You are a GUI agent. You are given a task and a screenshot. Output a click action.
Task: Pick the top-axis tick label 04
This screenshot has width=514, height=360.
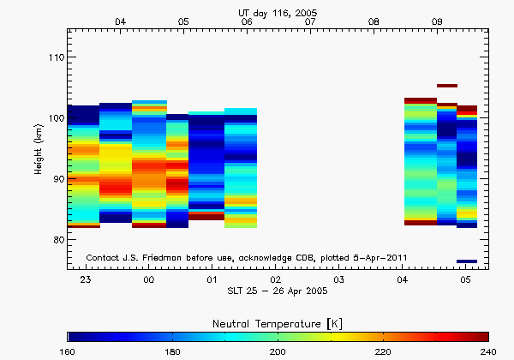pyautogui.click(x=121, y=21)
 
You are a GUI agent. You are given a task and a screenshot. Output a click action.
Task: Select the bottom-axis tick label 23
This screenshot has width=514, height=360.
pyautogui.click(x=85, y=280)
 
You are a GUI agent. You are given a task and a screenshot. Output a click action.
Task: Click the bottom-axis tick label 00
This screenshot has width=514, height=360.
pyautogui.click(x=148, y=280)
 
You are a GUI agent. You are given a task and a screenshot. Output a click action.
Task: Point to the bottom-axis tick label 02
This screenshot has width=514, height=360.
pyautogui.click(x=275, y=280)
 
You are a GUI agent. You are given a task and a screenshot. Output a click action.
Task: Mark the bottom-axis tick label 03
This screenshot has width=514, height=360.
pyautogui.click(x=338, y=280)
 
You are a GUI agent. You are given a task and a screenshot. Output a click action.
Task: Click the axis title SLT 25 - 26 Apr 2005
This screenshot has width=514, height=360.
pyautogui.click(x=277, y=293)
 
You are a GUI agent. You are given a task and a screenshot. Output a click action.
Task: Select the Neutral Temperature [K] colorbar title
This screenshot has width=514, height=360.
pyautogui.click(x=278, y=321)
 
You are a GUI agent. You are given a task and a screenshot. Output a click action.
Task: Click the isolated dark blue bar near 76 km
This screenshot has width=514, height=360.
pyautogui.click(x=466, y=261)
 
